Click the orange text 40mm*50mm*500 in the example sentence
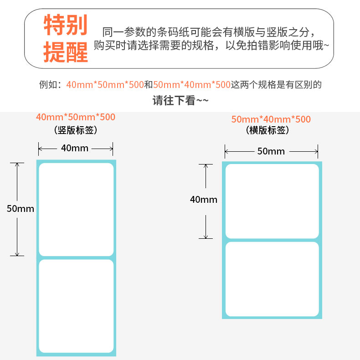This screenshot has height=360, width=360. pyautogui.click(x=105, y=85)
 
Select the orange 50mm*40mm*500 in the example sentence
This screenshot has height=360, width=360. pyautogui.click(x=191, y=85)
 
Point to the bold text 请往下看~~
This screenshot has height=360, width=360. pyautogui.click(x=180, y=100)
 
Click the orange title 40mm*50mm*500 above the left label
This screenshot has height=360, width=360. pyautogui.click(x=76, y=117)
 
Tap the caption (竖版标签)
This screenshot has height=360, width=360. pyautogui.click(x=76, y=130)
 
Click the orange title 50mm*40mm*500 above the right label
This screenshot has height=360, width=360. pyautogui.click(x=271, y=119)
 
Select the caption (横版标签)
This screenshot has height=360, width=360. pyautogui.click(x=267, y=130)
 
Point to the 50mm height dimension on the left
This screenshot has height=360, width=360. pyautogui.click(x=21, y=209)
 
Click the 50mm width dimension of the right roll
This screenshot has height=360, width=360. pyautogui.click(x=271, y=151)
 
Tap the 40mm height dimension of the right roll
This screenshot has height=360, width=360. pyautogui.click(x=204, y=199)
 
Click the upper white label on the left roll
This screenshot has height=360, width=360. pyautogui.click(x=76, y=209)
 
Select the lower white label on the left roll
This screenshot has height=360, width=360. pyautogui.click(x=76, y=306)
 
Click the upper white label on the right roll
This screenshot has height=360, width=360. pyautogui.click(x=272, y=201)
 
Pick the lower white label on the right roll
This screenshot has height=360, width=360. pyautogui.click(x=272, y=279)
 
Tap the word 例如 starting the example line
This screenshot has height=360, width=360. pyautogui.click(x=48, y=85)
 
